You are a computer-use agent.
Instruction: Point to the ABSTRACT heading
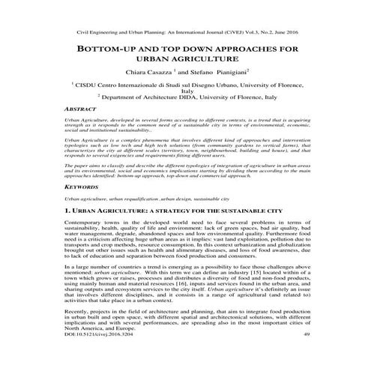[x=81, y=109]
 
